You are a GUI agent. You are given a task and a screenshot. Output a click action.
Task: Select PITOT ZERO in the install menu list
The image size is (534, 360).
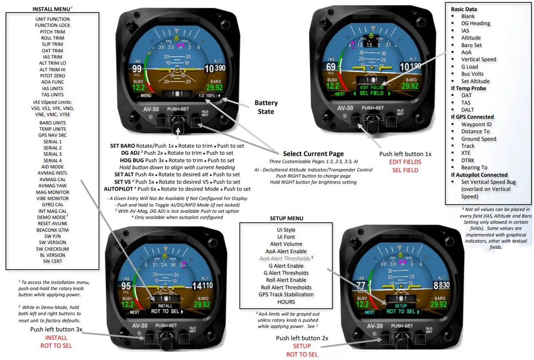[x=52, y=76]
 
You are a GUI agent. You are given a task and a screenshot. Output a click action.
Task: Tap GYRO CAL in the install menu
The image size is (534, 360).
[x=52, y=205]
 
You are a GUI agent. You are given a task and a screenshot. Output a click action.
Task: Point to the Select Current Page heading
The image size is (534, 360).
[x=313, y=154]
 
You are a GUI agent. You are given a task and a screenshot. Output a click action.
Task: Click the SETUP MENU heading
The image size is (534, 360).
[x=286, y=218]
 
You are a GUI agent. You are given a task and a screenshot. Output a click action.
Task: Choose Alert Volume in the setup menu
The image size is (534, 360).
[x=286, y=244]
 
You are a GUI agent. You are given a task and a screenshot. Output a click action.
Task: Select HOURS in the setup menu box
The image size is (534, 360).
[x=286, y=302]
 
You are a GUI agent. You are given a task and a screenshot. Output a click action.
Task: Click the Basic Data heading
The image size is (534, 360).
[x=464, y=9]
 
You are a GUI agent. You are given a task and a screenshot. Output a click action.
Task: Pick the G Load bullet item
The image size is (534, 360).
[x=469, y=67]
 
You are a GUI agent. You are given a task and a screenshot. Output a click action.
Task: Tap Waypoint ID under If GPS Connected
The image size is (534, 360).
[x=476, y=124]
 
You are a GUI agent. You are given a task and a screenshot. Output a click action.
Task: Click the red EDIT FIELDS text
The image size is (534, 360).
[x=405, y=162]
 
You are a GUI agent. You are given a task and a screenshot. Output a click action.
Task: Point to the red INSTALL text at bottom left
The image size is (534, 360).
[x=56, y=338]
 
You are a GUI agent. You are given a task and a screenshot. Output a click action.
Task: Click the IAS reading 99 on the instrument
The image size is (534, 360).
[x=137, y=69]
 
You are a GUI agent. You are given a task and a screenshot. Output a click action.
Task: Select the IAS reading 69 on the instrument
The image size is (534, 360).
[x=331, y=67]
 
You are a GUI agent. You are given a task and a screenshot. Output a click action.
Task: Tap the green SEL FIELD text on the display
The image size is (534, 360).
[x=371, y=93]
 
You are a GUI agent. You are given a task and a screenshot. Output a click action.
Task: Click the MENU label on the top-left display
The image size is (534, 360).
[x=146, y=95]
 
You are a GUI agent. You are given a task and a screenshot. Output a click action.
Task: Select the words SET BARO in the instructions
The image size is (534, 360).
[x=122, y=145]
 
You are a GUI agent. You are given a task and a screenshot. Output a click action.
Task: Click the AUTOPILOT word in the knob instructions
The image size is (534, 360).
[x=118, y=189]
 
